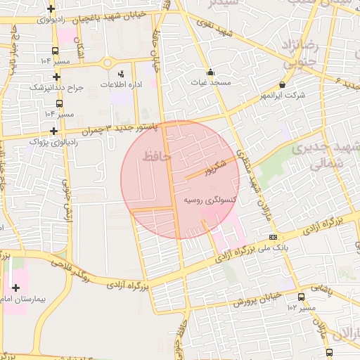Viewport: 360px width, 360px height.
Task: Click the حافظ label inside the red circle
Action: click(156, 156)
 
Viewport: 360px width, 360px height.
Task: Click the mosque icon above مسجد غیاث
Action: click(210, 72)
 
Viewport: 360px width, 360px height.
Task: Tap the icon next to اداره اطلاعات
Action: click(121, 74)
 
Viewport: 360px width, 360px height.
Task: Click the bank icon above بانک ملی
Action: click(273, 237)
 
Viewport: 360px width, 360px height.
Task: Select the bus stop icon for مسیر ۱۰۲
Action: click(301, 297)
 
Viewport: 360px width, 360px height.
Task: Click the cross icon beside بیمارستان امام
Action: click(16, 287)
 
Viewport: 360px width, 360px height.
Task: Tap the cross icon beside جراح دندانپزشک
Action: click(56, 77)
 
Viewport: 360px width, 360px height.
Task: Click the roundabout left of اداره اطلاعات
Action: click(107, 63)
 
